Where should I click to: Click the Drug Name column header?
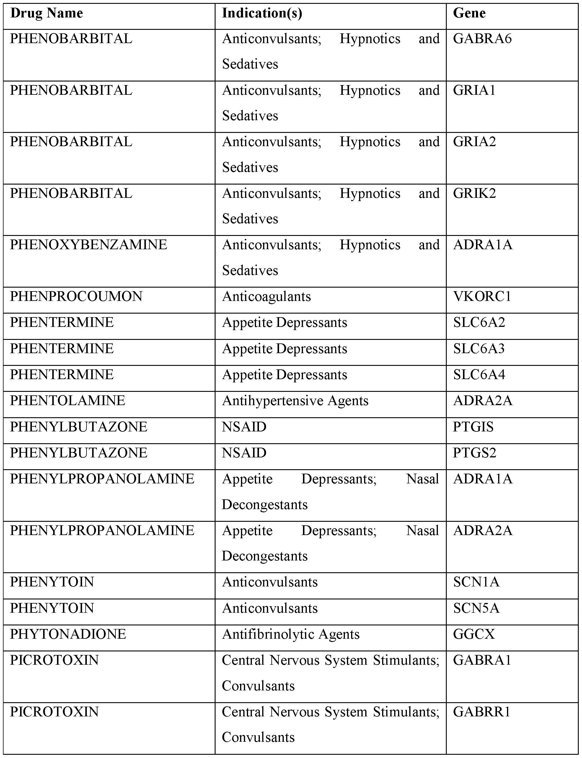coord(46,14)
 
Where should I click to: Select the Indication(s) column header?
coord(262,14)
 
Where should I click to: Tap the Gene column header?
coord(469,14)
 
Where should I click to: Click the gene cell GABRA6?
coord(482,39)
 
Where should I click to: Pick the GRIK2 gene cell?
coord(474,193)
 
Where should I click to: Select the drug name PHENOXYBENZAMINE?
coord(88,245)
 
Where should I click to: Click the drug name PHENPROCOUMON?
coord(76,296)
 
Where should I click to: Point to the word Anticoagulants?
coord(266,296)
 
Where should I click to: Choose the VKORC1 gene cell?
coord(482,296)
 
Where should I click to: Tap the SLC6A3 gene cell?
coord(479,348)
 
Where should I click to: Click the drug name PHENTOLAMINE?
coord(67,401)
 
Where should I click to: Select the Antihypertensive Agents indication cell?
coord(295,401)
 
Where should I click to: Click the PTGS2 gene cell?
coord(474,453)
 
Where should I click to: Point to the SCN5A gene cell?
coord(476,608)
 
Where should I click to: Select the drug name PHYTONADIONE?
coord(68,634)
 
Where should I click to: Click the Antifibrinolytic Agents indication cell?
coord(291,634)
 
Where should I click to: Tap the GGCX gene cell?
coord(474,634)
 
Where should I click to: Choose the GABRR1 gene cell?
coord(482,712)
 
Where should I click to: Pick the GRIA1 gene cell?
coord(474,90)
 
